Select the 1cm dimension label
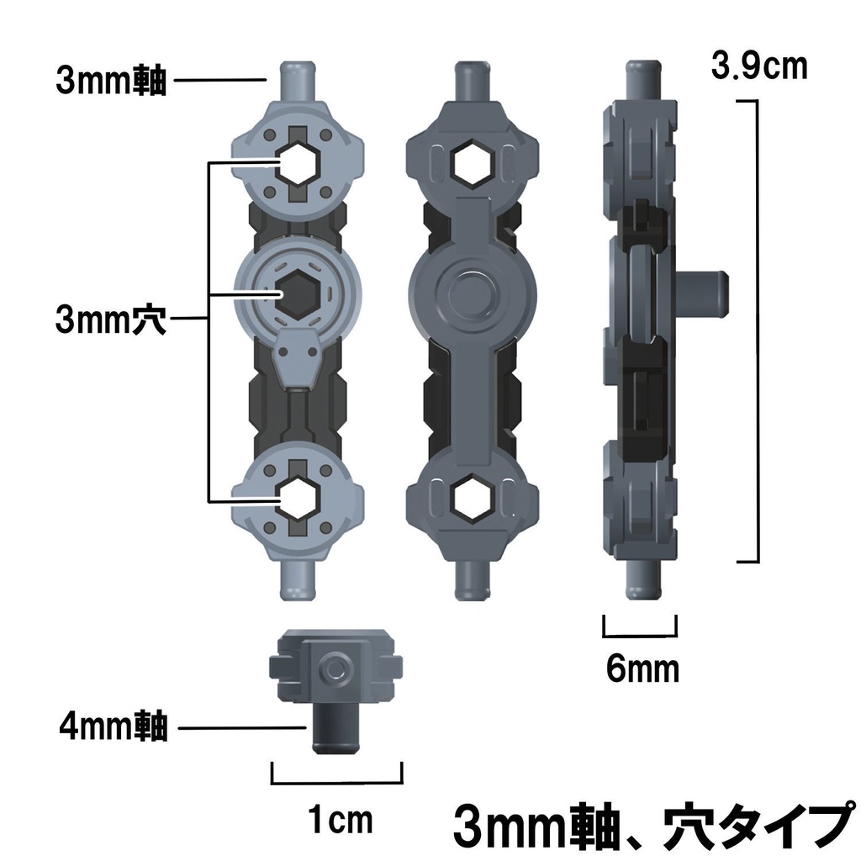tap(339, 820)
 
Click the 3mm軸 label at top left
tap(112, 82)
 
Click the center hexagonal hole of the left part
tap(298, 292)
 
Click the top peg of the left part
tap(298, 81)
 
